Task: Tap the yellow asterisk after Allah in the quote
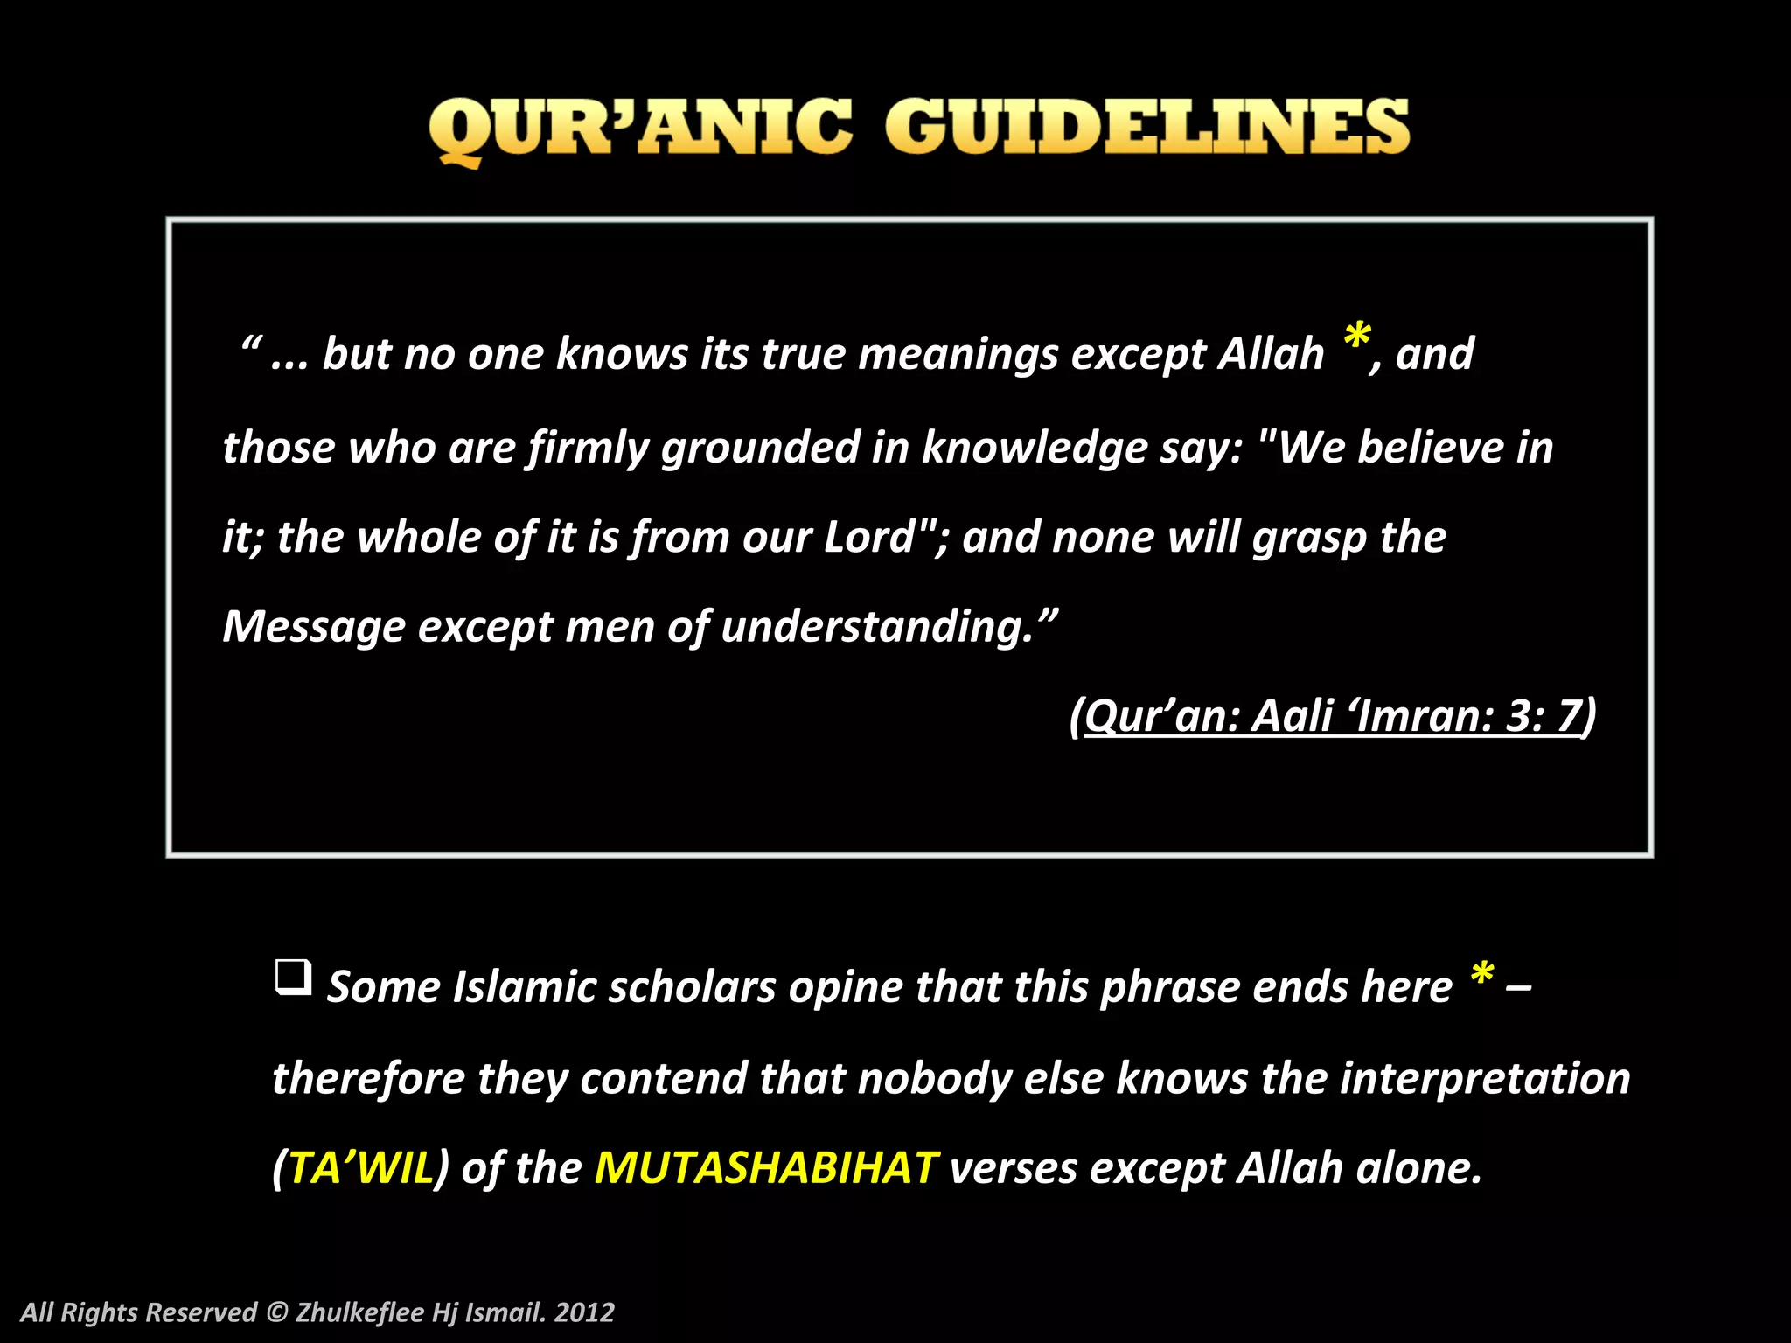[1356, 337]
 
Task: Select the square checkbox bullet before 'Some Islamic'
[293, 976]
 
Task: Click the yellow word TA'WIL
[361, 1168]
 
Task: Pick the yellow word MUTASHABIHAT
[765, 1168]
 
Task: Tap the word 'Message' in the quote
[313, 627]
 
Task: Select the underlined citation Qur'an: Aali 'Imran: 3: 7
[1333, 716]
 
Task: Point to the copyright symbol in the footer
[276, 1312]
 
